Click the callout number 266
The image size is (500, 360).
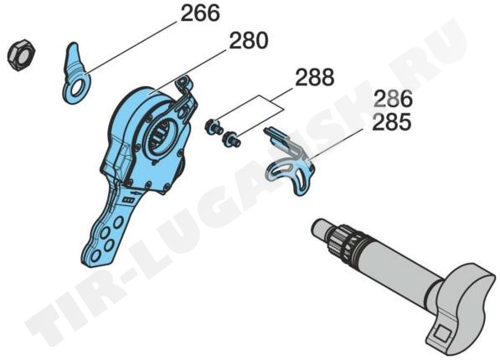(200, 13)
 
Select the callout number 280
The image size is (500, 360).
(249, 41)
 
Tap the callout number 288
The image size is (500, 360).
(314, 77)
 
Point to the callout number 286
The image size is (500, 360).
(393, 99)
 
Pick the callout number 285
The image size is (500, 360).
(392, 122)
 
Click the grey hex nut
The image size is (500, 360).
(21, 55)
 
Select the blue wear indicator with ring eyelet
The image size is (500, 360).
(76, 73)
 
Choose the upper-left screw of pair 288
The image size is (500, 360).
(214, 126)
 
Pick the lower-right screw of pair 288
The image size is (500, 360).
(232, 140)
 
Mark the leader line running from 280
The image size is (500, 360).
(188, 71)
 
